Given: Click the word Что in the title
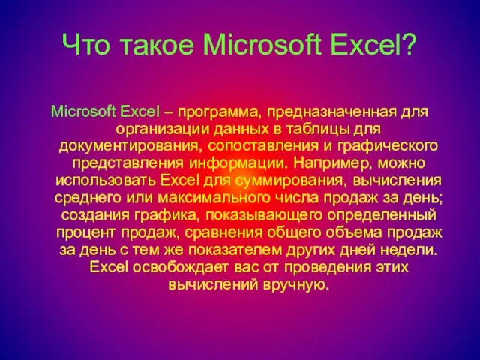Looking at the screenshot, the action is point(86,45).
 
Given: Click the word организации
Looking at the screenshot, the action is point(162,130).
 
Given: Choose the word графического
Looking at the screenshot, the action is point(388,147).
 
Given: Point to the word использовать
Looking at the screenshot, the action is point(106,181).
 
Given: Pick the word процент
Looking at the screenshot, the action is point(87,233).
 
